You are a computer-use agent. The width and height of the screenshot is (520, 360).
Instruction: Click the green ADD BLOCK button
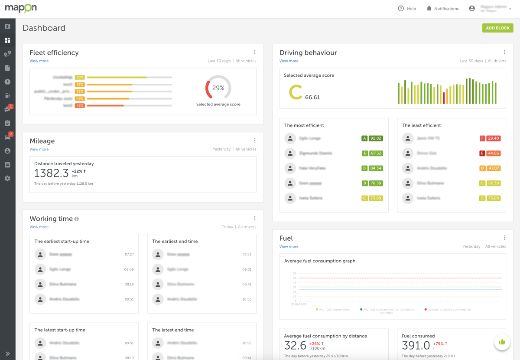[x=497, y=28]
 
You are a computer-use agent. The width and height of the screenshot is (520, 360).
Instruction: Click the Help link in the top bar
[x=407, y=9]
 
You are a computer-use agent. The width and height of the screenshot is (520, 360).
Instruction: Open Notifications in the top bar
[x=442, y=9]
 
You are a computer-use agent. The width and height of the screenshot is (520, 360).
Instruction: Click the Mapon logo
[x=21, y=8]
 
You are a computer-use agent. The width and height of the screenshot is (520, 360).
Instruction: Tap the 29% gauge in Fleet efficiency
[x=218, y=88]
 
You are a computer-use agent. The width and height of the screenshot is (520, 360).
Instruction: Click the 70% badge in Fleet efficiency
[x=80, y=78]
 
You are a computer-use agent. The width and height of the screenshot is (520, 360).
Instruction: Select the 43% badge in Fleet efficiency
[x=80, y=106]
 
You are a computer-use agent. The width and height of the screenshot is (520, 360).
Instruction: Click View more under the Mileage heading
[x=39, y=149]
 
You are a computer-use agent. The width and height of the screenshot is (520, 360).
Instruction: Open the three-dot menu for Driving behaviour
[x=504, y=52]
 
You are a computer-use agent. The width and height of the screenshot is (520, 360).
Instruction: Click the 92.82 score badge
[x=376, y=138]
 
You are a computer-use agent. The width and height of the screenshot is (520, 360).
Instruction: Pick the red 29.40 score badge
[x=494, y=138]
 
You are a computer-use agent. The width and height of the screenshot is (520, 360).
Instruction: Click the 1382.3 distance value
[x=52, y=173]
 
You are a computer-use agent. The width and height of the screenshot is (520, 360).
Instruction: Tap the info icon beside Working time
[x=77, y=219]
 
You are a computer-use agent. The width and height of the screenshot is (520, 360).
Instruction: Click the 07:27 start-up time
[x=129, y=255]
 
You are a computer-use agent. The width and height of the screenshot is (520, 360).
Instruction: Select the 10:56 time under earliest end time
[x=247, y=299]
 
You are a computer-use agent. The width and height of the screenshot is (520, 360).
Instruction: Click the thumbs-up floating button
[x=502, y=342]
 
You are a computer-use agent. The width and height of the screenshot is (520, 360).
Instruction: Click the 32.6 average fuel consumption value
[x=295, y=345]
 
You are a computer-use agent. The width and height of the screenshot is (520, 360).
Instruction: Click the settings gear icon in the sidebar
[x=7, y=178]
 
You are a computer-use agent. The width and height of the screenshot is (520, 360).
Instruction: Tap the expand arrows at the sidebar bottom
[x=7, y=353]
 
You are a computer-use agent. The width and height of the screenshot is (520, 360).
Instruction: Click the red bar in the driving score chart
[x=444, y=98]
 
